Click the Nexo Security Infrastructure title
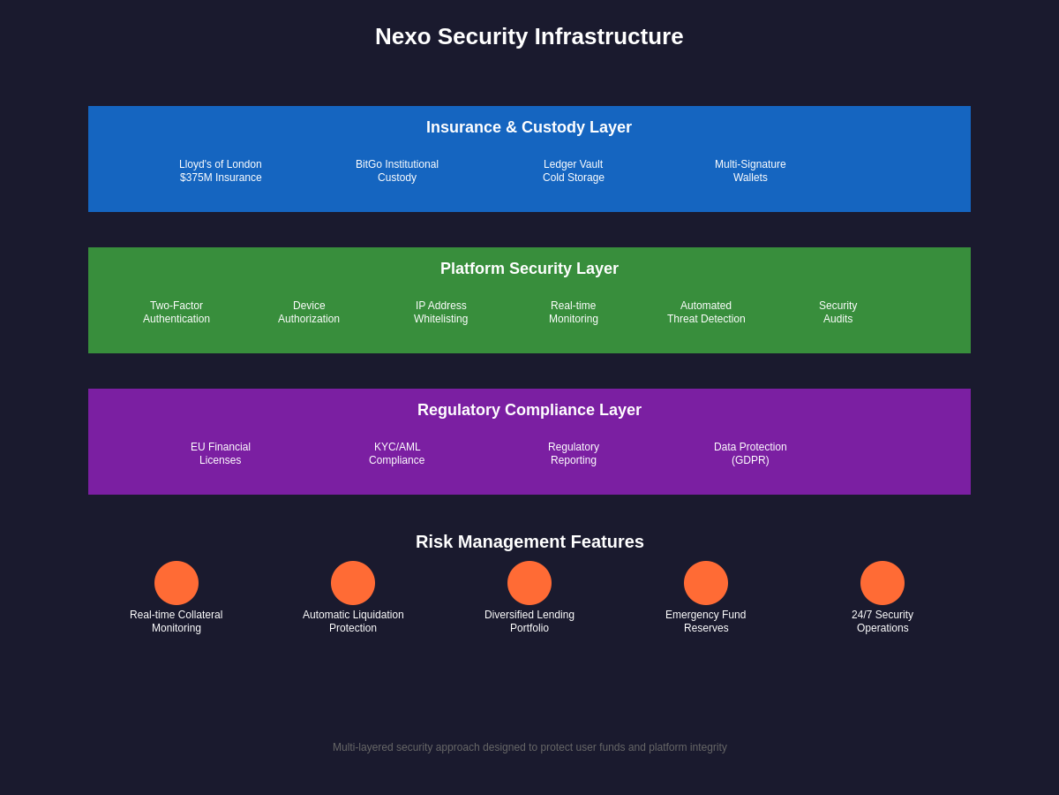coord(529,36)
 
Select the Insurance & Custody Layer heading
coord(529,127)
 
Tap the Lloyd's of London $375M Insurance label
coord(221,171)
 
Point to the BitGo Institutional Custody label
coord(397,171)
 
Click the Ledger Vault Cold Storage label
coord(574,171)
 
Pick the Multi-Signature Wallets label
coord(750,171)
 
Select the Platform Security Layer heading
coord(529,269)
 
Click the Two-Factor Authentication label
coord(176,313)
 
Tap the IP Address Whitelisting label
coord(441,313)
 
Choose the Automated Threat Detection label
coord(706,313)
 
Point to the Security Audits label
coord(838,313)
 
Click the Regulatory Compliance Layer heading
coord(529,410)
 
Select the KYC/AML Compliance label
coord(397,454)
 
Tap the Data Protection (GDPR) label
coord(750,454)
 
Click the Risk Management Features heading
coord(529,541)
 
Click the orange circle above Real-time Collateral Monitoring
coord(176,583)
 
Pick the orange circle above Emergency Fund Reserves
coord(706,583)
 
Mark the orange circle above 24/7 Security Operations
coord(882,583)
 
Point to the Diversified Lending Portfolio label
coord(529,622)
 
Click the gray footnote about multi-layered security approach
coord(529,747)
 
